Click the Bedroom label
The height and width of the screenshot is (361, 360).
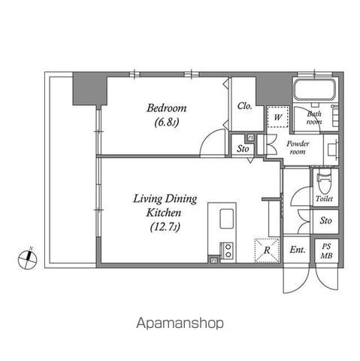[x=167, y=108]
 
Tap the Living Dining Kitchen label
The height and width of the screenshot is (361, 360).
[x=165, y=205]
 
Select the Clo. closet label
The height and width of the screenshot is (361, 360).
[x=244, y=106]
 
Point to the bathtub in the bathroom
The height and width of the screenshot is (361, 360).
[x=315, y=90]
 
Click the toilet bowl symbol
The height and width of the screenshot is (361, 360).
[x=325, y=181]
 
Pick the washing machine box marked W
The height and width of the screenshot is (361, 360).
[x=278, y=117]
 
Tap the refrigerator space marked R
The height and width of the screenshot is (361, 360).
[x=267, y=250]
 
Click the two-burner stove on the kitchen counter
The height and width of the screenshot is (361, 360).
[x=228, y=250]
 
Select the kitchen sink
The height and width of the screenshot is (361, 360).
[x=227, y=219]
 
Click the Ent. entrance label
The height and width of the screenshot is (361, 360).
[x=298, y=250]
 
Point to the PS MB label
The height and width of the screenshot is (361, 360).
[x=327, y=251]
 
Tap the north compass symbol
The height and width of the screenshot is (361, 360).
[x=28, y=259]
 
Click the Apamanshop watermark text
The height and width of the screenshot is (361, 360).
[x=180, y=323]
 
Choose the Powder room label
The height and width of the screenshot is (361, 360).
[x=298, y=147]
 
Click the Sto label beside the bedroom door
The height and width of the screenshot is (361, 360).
[x=243, y=149]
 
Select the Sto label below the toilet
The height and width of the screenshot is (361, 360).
[x=325, y=221]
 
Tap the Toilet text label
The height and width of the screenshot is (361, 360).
[x=325, y=199]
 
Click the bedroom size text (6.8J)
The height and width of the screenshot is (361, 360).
[x=167, y=123]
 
